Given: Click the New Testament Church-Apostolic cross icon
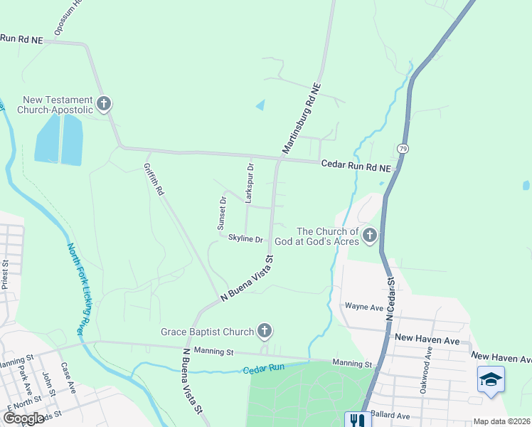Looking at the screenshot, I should pyautogui.click(x=104, y=105).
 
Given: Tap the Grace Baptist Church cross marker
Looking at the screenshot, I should pyautogui.click(x=265, y=331).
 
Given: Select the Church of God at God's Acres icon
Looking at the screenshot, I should pyautogui.click(x=369, y=235).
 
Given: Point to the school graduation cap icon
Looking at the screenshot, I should pyautogui.click(x=491, y=379).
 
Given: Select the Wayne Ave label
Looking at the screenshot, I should pyautogui.click(x=363, y=307).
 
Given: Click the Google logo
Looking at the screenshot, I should pyautogui.click(x=23, y=418).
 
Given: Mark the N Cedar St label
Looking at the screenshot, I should pyautogui.click(x=390, y=302).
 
